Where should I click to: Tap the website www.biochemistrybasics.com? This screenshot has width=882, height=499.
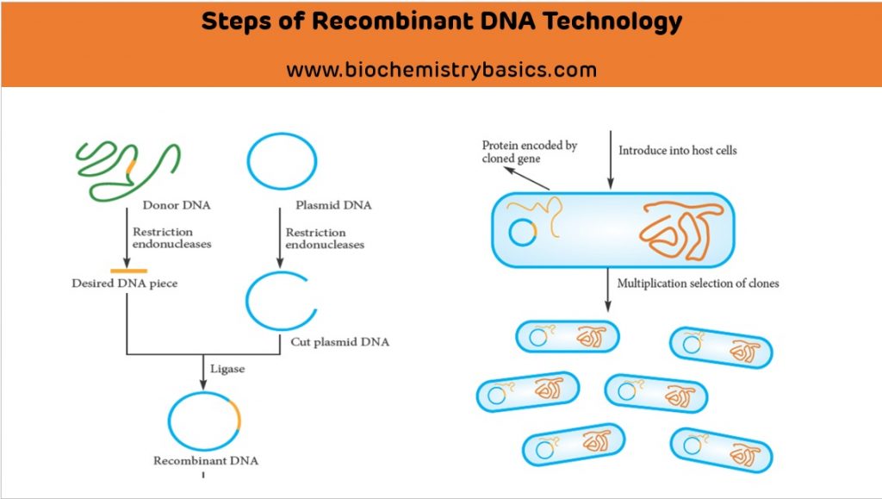(441, 70)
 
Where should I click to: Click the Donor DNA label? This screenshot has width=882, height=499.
(176, 206)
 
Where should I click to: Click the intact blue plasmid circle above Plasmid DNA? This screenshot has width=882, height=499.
(282, 161)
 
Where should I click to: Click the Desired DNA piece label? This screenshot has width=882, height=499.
(124, 283)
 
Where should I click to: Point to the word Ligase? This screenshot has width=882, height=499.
(228, 369)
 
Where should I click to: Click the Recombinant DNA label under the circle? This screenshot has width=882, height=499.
(205, 461)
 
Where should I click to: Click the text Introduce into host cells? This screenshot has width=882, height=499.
(678, 151)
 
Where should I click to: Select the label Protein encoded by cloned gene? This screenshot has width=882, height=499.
(529, 153)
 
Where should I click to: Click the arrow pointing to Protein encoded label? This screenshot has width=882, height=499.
(527, 178)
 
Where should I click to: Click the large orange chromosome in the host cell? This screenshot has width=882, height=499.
(680, 229)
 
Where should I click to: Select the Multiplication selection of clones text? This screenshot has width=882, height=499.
(699, 284)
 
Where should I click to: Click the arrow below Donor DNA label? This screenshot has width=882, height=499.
(127, 245)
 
